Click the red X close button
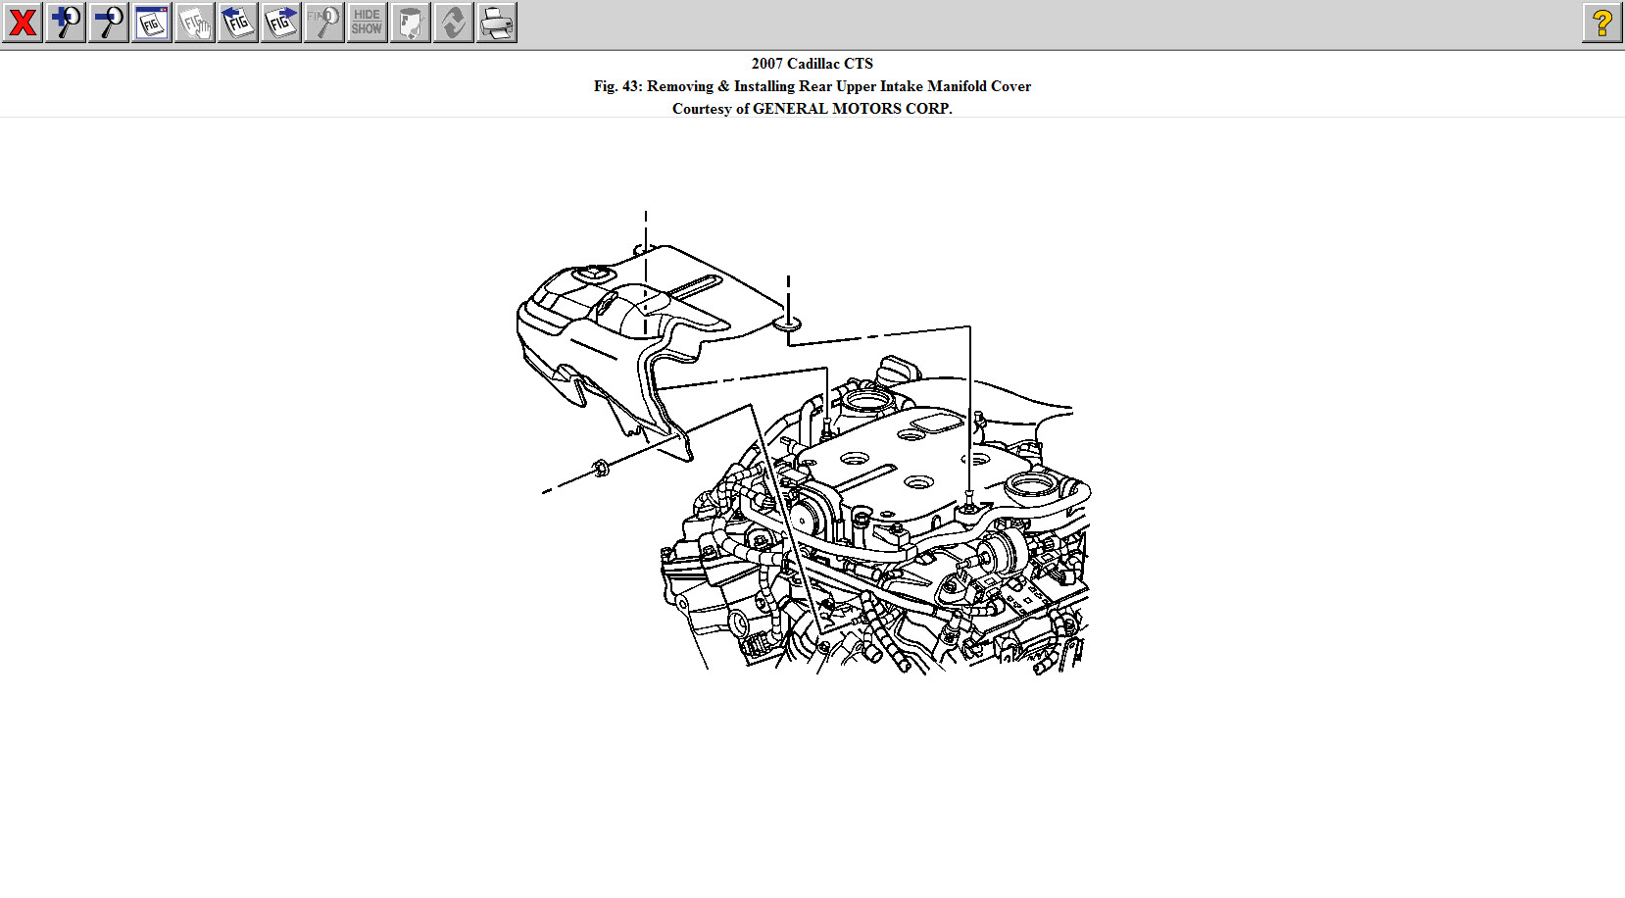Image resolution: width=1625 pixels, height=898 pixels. click(23, 23)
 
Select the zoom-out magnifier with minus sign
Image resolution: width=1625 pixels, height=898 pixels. click(109, 23)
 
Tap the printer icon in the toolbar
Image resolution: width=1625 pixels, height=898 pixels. click(497, 23)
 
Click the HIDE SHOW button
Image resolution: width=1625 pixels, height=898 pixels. click(368, 23)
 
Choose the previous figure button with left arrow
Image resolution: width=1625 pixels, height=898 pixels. click(238, 23)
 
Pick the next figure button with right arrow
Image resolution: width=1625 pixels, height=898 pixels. click(281, 23)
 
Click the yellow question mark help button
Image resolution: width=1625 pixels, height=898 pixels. click(1602, 23)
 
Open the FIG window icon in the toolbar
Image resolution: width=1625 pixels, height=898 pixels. click(152, 23)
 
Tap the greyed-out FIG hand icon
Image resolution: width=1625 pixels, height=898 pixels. click(195, 23)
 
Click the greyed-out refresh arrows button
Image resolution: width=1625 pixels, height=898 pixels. click(454, 23)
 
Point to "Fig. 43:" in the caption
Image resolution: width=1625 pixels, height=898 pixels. click(617, 86)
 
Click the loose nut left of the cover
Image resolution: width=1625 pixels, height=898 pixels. click(601, 468)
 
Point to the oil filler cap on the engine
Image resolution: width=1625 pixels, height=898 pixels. click(899, 372)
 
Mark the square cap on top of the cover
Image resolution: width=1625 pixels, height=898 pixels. click(591, 274)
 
